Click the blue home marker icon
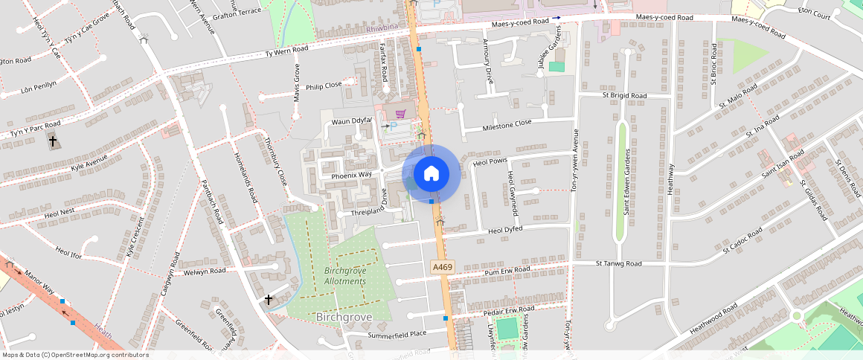(x=431, y=174)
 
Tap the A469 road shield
(x=441, y=266)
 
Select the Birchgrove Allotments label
(x=345, y=276)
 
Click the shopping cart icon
(x=400, y=114)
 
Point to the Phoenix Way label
(x=351, y=175)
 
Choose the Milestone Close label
(x=507, y=123)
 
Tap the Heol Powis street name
(x=490, y=160)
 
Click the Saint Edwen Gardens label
(x=628, y=182)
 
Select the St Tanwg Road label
(x=618, y=263)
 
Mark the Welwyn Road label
(x=205, y=271)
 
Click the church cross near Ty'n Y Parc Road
(x=52, y=141)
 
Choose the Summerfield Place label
(x=397, y=334)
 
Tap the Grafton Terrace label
(x=237, y=11)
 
